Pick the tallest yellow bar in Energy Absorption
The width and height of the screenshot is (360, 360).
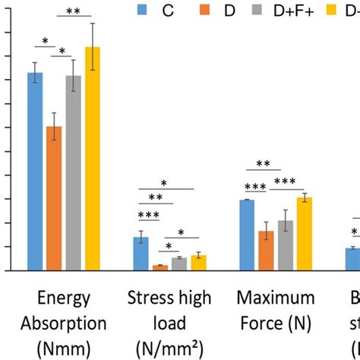coord(93,159)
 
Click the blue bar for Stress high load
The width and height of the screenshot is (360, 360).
coord(141,254)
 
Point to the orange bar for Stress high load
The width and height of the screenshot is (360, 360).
coord(160,267)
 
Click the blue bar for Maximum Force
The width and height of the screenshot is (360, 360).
coord(247,235)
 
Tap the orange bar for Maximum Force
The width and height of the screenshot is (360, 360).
coord(266,251)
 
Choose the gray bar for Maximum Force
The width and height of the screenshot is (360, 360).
coord(285,246)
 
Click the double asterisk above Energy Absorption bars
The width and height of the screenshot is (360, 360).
coord(74,11)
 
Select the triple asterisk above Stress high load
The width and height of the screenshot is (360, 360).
coord(149,215)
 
